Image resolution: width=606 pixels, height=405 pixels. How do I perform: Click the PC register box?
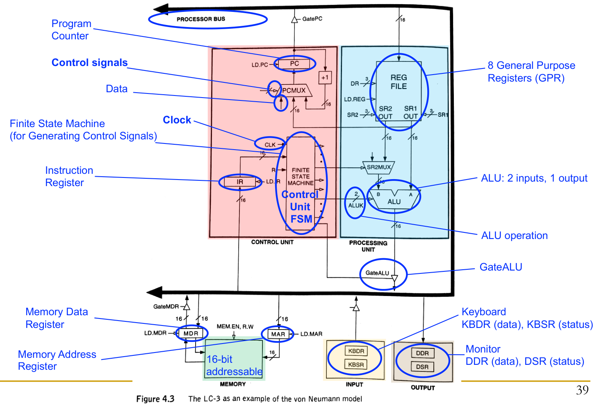coord(294,64)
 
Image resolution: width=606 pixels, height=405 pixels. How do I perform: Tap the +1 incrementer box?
coord(325,77)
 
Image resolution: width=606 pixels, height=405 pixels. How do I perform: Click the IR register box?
coord(240,182)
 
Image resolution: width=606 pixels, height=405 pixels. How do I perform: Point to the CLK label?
coord(270,145)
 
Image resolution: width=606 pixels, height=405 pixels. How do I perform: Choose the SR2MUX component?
coord(378,167)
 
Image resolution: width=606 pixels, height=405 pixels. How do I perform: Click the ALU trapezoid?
coord(394,200)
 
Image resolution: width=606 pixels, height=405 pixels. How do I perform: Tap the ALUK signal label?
coord(355,205)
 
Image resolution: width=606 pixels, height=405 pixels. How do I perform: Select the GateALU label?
coord(377,273)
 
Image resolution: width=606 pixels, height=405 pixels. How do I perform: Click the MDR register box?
coord(191,334)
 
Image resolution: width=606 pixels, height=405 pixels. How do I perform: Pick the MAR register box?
coord(278,334)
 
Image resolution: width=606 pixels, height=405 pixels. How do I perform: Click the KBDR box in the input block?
coord(356,351)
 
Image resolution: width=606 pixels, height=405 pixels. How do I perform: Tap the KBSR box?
coord(356,364)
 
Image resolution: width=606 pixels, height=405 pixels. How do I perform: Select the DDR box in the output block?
coord(422,353)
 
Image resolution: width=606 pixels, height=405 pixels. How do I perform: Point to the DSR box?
coord(422,366)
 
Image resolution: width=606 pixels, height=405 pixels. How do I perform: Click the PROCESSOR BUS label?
coord(201,19)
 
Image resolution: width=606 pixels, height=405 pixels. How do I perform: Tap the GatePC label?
coord(312,19)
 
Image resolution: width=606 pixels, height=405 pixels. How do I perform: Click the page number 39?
coord(582,390)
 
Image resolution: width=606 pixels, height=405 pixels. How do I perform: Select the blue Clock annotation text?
coord(177,120)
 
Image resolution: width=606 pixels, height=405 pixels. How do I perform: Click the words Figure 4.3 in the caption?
coord(155,399)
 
